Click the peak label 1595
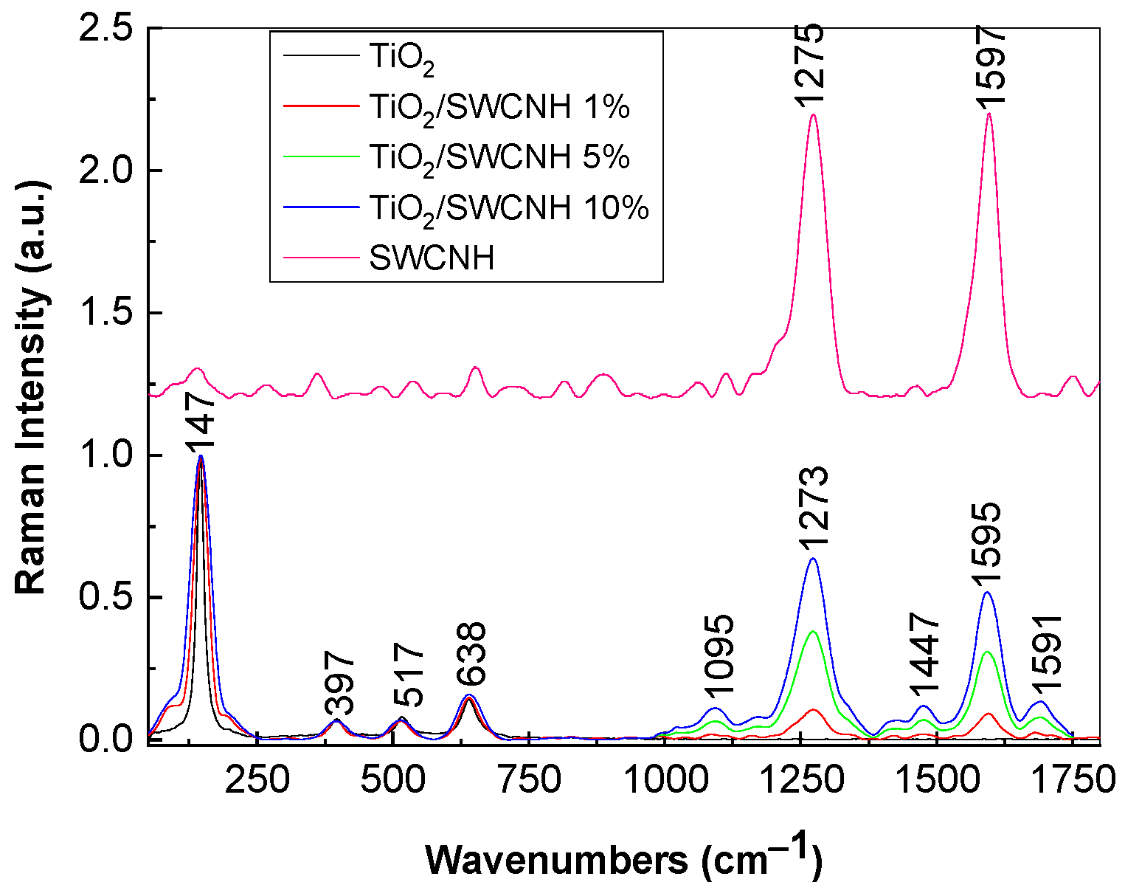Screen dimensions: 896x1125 (985, 543)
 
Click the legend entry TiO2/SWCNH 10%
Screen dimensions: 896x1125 (509, 210)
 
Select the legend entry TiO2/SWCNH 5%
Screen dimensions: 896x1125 (499, 158)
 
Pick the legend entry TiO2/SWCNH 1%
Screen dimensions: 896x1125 (499, 108)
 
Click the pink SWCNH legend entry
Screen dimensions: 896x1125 (432, 260)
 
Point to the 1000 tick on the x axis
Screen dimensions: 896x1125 (665, 782)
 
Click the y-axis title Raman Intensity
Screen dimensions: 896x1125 (32, 383)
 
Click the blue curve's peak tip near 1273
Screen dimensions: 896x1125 (813, 559)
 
